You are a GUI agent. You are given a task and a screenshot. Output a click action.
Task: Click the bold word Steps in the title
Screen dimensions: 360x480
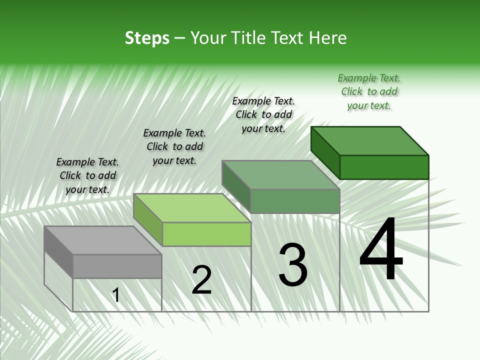coord(147,38)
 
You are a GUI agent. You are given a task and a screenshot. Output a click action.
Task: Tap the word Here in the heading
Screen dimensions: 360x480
coord(327,38)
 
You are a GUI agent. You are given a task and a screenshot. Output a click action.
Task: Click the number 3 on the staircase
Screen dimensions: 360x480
coord(293,265)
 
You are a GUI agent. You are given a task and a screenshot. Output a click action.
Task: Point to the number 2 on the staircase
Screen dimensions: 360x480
coord(201,280)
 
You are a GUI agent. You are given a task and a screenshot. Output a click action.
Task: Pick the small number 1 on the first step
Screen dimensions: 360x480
coord(116,295)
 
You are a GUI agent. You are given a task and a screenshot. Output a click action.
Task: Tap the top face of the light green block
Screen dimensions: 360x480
coord(192,208)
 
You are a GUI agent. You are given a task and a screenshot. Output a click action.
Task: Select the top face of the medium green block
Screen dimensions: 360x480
coord(280,175)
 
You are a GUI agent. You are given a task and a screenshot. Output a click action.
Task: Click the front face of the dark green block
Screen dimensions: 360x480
coord(384,167)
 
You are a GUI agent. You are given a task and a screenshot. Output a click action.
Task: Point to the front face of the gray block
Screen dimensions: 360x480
coord(117,266)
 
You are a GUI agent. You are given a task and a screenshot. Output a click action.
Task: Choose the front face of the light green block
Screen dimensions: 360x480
coord(206,234)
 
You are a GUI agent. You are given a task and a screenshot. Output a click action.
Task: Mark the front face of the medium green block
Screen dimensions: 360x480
coord(295,201)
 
